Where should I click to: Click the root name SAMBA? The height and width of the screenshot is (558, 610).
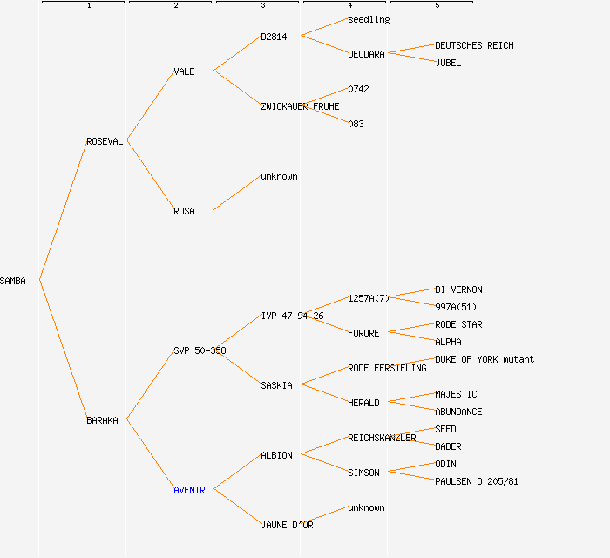(x=13, y=281)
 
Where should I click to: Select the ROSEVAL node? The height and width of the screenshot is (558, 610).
(x=105, y=141)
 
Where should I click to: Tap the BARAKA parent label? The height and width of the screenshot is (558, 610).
(x=102, y=420)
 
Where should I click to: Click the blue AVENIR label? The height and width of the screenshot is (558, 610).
(x=189, y=490)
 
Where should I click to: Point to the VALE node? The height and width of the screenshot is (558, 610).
(x=184, y=71)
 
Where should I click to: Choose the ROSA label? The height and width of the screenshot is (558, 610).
(x=184, y=211)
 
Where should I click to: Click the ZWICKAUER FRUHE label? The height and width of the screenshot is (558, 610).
(x=300, y=106)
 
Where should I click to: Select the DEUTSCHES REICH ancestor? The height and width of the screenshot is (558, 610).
(x=474, y=45)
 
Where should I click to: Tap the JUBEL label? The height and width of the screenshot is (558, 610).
(x=448, y=63)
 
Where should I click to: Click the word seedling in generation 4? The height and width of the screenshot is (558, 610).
(x=369, y=19)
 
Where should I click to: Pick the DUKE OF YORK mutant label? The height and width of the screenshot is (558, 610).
(x=485, y=359)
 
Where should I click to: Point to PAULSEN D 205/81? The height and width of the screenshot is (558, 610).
(x=477, y=481)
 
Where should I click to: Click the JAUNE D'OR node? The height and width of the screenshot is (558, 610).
(x=287, y=525)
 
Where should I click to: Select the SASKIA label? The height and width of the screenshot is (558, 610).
(x=276, y=385)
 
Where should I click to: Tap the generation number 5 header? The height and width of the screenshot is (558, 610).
(x=437, y=6)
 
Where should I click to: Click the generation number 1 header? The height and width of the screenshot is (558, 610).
(x=89, y=6)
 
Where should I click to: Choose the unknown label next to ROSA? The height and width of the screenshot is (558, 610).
(x=279, y=176)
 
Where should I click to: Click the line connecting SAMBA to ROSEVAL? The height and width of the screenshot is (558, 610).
(x=63, y=210)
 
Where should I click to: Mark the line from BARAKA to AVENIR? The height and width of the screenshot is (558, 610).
(x=150, y=454)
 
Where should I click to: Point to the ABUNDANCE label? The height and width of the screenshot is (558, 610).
(x=458, y=412)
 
